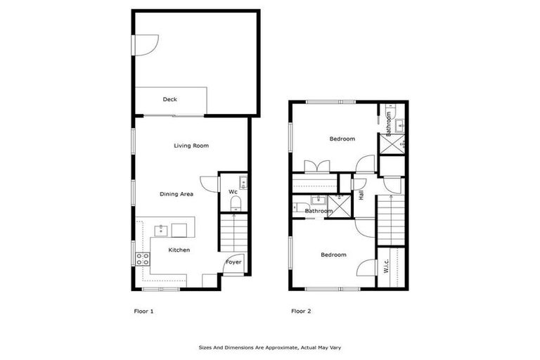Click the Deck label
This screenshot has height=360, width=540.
click(169, 100)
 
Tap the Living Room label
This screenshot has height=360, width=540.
click(191, 146)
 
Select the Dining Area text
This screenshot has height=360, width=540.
click(176, 194)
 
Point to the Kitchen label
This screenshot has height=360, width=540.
click(179, 250)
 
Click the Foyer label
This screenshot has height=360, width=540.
click(233, 262)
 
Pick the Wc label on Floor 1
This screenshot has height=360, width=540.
click(232, 191)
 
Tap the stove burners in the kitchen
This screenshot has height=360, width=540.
click(142, 258)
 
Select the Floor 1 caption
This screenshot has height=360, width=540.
click(143, 310)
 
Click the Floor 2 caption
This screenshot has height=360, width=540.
click(301, 310)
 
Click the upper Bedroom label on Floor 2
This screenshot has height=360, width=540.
click(342, 139)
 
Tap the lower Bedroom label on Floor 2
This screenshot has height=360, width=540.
click(333, 255)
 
